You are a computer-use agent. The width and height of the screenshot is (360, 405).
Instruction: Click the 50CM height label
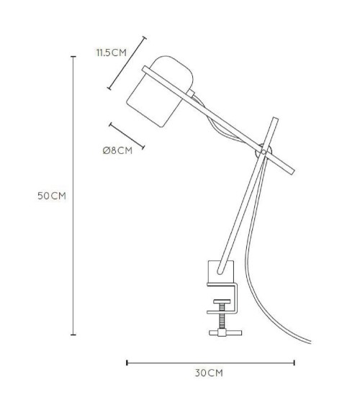[x=52, y=196]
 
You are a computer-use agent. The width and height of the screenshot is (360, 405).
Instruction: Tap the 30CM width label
[x=209, y=373]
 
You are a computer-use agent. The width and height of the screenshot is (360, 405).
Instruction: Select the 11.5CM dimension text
[x=112, y=53]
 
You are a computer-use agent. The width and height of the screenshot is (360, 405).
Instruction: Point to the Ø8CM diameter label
[x=117, y=150]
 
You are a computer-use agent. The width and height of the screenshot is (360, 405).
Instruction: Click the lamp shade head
[x=159, y=91]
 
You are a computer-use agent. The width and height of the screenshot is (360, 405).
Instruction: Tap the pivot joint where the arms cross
[x=264, y=152]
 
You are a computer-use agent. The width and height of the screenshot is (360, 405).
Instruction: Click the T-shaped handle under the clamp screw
[x=225, y=332]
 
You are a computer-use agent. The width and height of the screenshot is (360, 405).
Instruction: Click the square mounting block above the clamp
[x=221, y=272]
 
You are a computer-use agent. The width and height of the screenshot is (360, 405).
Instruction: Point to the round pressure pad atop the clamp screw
[x=222, y=301]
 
